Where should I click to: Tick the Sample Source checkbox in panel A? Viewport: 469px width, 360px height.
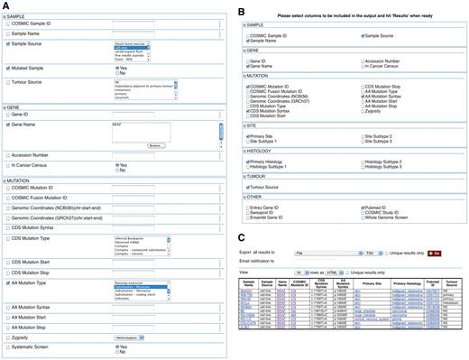tap(8, 42)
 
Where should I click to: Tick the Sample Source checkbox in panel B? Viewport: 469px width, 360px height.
tap(363, 35)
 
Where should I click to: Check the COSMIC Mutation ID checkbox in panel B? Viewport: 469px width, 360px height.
tap(248, 86)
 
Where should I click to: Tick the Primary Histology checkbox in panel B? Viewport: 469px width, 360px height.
tap(248, 162)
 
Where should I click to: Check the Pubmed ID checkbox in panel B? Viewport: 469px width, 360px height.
tap(363, 207)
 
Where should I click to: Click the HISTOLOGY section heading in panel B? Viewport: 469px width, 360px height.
tap(258, 152)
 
